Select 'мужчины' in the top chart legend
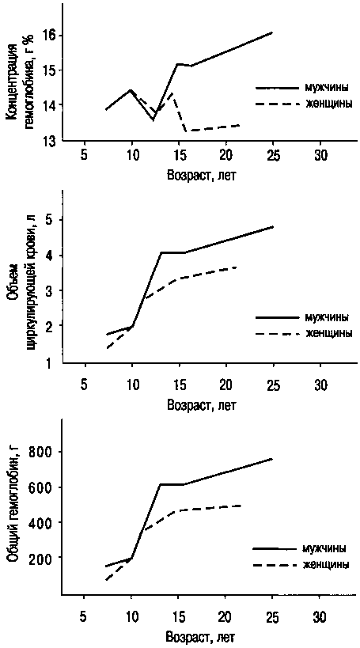coord(329,88)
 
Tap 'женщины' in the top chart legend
coord(329,104)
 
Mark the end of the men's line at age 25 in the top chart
coord(272,32)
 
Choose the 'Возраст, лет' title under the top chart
coord(201,175)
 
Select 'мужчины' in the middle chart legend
coord(329,317)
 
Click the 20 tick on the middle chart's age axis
coord(225,385)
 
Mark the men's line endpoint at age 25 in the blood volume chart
coord(273,227)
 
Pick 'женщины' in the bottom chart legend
coord(327,564)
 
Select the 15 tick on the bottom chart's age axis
coord(178,617)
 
